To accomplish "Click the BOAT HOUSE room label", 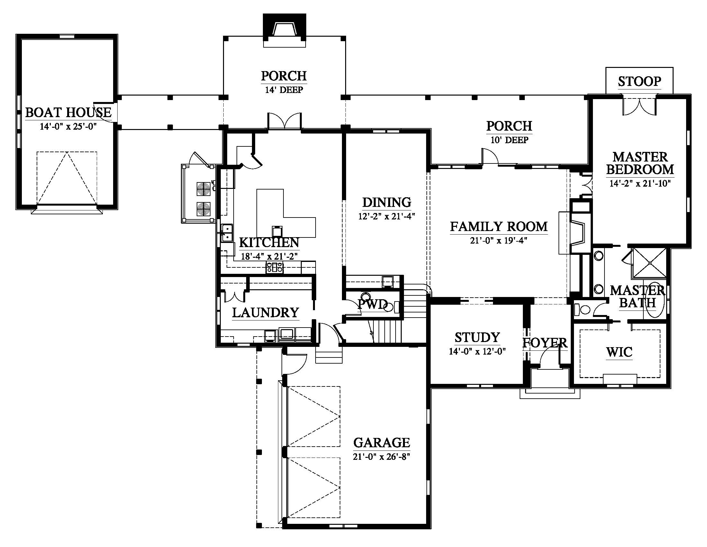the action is [x=68, y=112].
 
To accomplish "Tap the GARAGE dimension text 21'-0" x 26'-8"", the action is [x=382, y=457].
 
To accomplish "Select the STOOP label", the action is [x=639, y=81].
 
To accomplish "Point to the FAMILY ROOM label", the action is [x=499, y=227].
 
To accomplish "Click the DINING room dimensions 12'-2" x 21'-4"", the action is [x=387, y=216].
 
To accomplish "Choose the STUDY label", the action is [x=478, y=337].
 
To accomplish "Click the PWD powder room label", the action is [x=372, y=304].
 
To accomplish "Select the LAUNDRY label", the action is [x=265, y=312].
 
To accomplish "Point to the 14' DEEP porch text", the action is [x=284, y=90].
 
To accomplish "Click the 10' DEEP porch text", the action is [x=510, y=140].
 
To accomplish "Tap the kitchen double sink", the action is [x=227, y=233].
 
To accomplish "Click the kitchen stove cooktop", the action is [x=274, y=267].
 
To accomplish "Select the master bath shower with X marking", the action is [x=649, y=263].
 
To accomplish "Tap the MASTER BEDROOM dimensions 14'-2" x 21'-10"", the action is [x=640, y=183].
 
